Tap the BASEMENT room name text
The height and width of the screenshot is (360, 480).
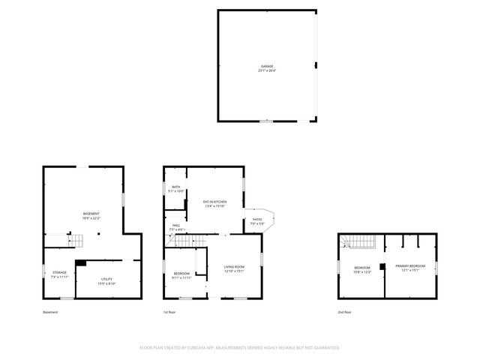point(91,215)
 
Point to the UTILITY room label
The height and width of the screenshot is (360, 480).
point(106,281)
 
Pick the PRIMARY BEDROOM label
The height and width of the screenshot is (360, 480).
point(410,268)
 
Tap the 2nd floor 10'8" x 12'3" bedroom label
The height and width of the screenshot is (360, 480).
point(362,269)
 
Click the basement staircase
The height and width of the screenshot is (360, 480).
point(76,240)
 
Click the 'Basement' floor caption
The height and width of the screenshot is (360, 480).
point(50,312)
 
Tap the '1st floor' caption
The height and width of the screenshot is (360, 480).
point(169,312)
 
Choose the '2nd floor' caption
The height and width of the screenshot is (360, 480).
point(344,312)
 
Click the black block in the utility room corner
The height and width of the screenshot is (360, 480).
point(80,263)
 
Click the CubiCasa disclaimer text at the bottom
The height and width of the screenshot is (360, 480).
point(240,348)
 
